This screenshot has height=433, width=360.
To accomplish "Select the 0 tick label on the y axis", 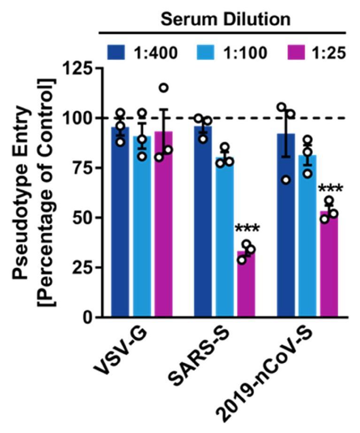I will (x=86, y=318).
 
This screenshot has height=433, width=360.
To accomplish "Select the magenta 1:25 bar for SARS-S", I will (x=245, y=284).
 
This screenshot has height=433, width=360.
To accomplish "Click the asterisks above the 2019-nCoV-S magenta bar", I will (x=330, y=190).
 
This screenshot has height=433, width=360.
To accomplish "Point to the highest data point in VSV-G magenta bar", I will (x=163, y=88).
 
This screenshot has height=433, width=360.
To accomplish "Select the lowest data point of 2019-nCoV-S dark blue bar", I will (x=286, y=180).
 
